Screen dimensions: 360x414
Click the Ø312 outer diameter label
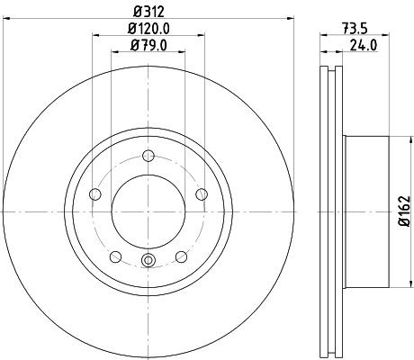[x=148, y=11]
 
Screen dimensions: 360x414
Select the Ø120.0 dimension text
[x=148, y=29]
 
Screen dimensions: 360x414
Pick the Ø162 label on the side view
[x=403, y=211]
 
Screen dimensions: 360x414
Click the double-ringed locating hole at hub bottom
[x=148, y=262]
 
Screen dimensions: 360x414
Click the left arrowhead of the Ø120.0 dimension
[x=96, y=36]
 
